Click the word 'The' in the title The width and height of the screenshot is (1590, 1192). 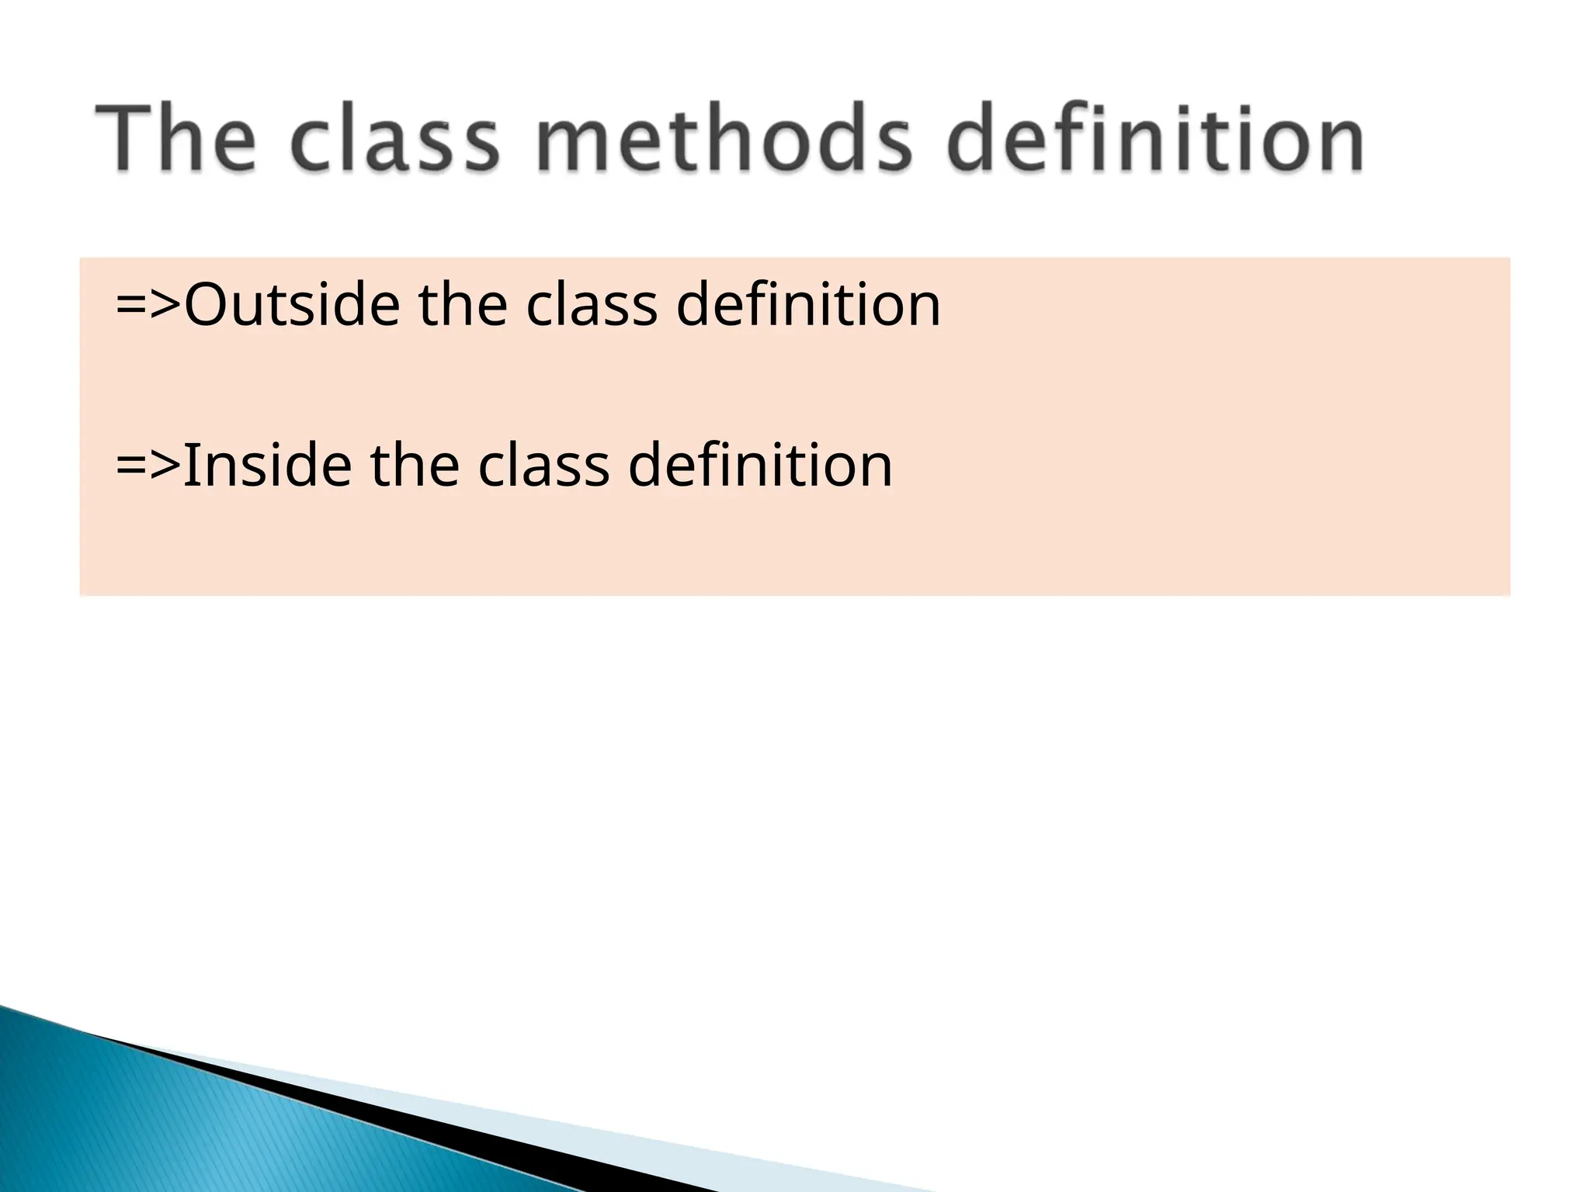175,140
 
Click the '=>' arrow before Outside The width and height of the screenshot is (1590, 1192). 148,304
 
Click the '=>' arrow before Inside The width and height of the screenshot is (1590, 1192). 148,466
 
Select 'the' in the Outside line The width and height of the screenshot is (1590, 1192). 463,304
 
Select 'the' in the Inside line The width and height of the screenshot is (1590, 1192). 415,466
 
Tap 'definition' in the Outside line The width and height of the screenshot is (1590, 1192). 808,304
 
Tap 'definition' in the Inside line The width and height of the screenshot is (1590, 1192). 760,466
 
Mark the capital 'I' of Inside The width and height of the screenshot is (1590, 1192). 189,466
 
